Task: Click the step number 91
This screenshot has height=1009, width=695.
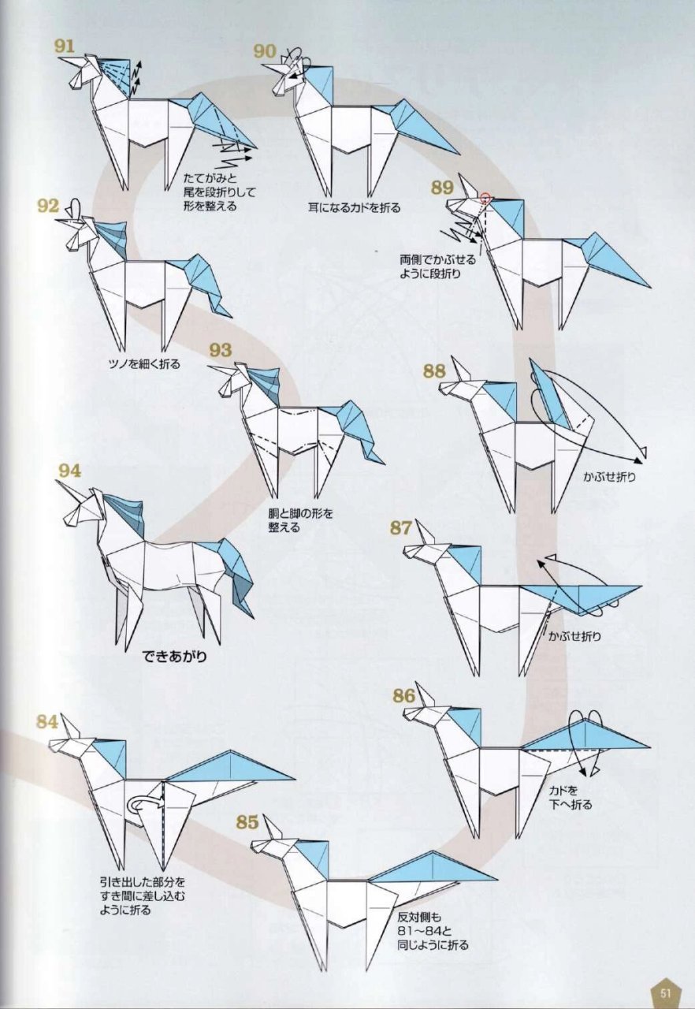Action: tap(64, 46)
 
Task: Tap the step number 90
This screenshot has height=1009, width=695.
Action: tap(264, 51)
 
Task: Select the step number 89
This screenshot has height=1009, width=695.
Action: tap(441, 188)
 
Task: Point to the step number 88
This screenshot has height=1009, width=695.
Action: tap(434, 370)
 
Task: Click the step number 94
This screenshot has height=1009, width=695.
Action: tap(70, 471)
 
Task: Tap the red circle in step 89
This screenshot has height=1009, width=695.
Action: tap(485, 197)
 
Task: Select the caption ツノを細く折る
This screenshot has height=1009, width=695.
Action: tap(144, 363)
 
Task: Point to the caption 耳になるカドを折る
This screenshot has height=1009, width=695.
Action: tap(354, 207)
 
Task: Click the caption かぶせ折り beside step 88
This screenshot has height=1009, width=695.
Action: tap(609, 477)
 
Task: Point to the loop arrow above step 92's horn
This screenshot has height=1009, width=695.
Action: tap(75, 209)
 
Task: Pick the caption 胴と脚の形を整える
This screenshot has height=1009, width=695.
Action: tap(300, 520)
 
